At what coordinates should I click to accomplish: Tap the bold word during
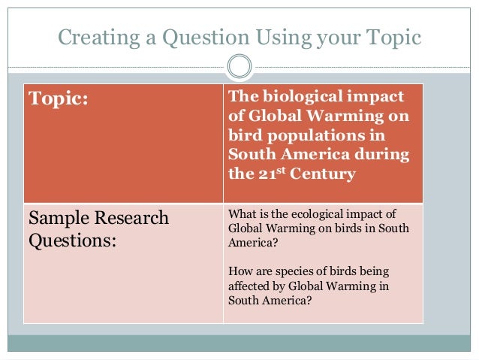click(x=383, y=156)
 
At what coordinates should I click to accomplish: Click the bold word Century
click(x=318, y=175)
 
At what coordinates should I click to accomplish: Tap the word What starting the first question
click(x=243, y=213)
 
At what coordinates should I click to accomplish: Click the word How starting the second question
click(x=239, y=271)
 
